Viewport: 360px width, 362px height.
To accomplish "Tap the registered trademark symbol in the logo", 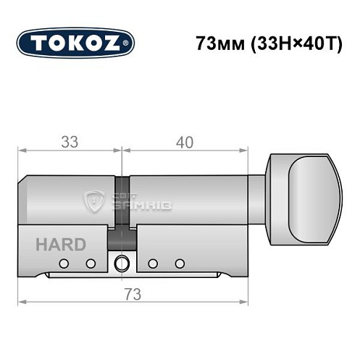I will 128,44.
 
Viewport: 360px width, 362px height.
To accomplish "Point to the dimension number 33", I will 70,142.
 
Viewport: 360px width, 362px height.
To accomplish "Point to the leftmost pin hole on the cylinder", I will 64,263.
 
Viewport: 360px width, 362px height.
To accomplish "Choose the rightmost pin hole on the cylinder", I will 180,263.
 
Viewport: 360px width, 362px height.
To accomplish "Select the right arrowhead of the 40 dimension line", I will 244,151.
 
